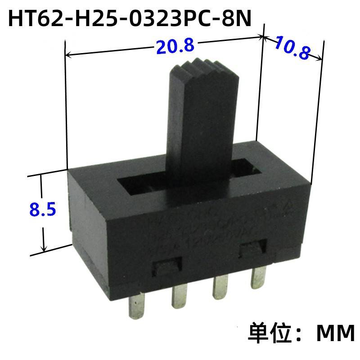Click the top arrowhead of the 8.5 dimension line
pos(43,176)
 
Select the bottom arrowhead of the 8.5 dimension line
pos(44,250)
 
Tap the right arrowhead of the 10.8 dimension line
pos(320,58)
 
